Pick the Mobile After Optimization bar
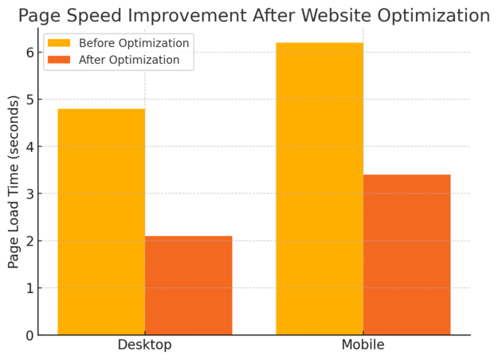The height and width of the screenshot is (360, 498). pyautogui.click(x=406, y=255)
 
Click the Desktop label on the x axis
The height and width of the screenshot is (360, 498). pyautogui.click(x=144, y=345)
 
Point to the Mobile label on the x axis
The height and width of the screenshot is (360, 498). pyautogui.click(x=363, y=345)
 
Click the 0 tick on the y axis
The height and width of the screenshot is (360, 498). pyautogui.click(x=29, y=335)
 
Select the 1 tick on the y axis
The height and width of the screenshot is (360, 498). pyautogui.click(x=29, y=288)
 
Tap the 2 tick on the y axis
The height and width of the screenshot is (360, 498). pyautogui.click(x=29, y=241)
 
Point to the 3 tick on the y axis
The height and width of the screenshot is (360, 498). pyautogui.click(x=29, y=194)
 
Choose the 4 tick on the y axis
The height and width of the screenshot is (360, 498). pyautogui.click(x=29, y=147)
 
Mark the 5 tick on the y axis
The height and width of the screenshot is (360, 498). pyautogui.click(x=29, y=100)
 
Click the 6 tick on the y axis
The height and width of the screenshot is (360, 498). pyautogui.click(x=29, y=53)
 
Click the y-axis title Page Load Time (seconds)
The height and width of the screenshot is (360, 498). pyautogui.click(x=14, y=182)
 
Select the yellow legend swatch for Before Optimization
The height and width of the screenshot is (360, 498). pyautogui.click(x=59, y=43)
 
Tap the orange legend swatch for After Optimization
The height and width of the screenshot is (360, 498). pyautogui.click(x=59, y=60)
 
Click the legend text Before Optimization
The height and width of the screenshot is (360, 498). pyautogui.click(x=134, y=43)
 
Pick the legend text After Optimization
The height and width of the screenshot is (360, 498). pyautogui.click(x=128, y=60)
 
